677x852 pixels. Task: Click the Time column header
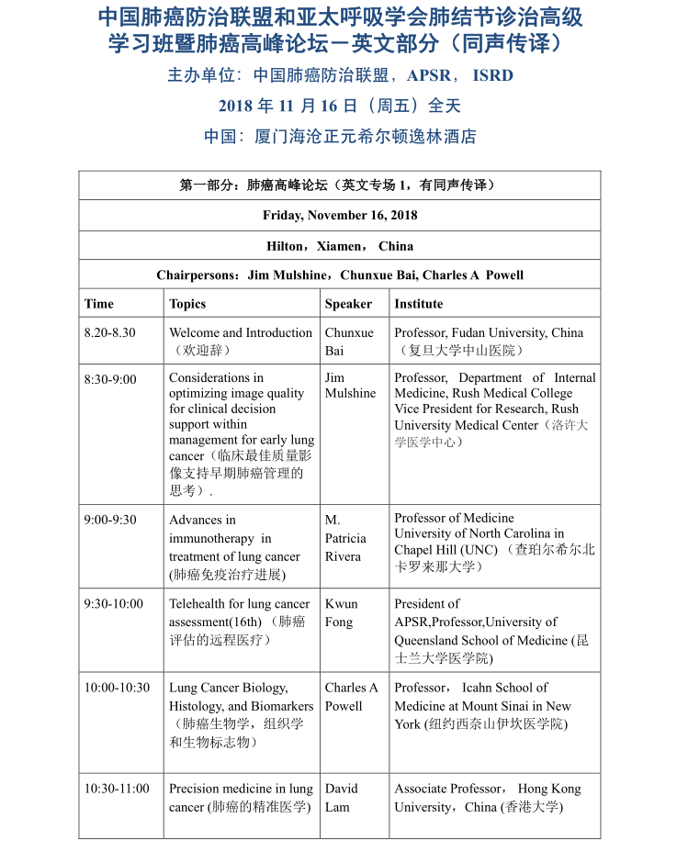[99, 304]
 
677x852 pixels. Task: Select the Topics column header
[187, 304]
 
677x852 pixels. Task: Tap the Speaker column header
[348, 304]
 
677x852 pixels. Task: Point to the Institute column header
[418, 304]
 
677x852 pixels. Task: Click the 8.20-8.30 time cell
[109, 333]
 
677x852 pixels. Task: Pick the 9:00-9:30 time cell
[110, 520]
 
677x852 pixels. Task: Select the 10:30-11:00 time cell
[117, 789]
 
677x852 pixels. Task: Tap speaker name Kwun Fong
[341, 613]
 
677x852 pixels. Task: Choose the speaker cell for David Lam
[341, 798]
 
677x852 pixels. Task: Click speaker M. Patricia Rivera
[344, 538]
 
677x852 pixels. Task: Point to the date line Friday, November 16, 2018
[340, 216]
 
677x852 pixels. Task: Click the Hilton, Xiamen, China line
[340, 246]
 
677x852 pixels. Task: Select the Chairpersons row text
[340, 275]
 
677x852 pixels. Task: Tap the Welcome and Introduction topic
[241, 333]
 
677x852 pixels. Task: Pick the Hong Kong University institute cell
[487, 798]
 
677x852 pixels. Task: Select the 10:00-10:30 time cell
[117, 688]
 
